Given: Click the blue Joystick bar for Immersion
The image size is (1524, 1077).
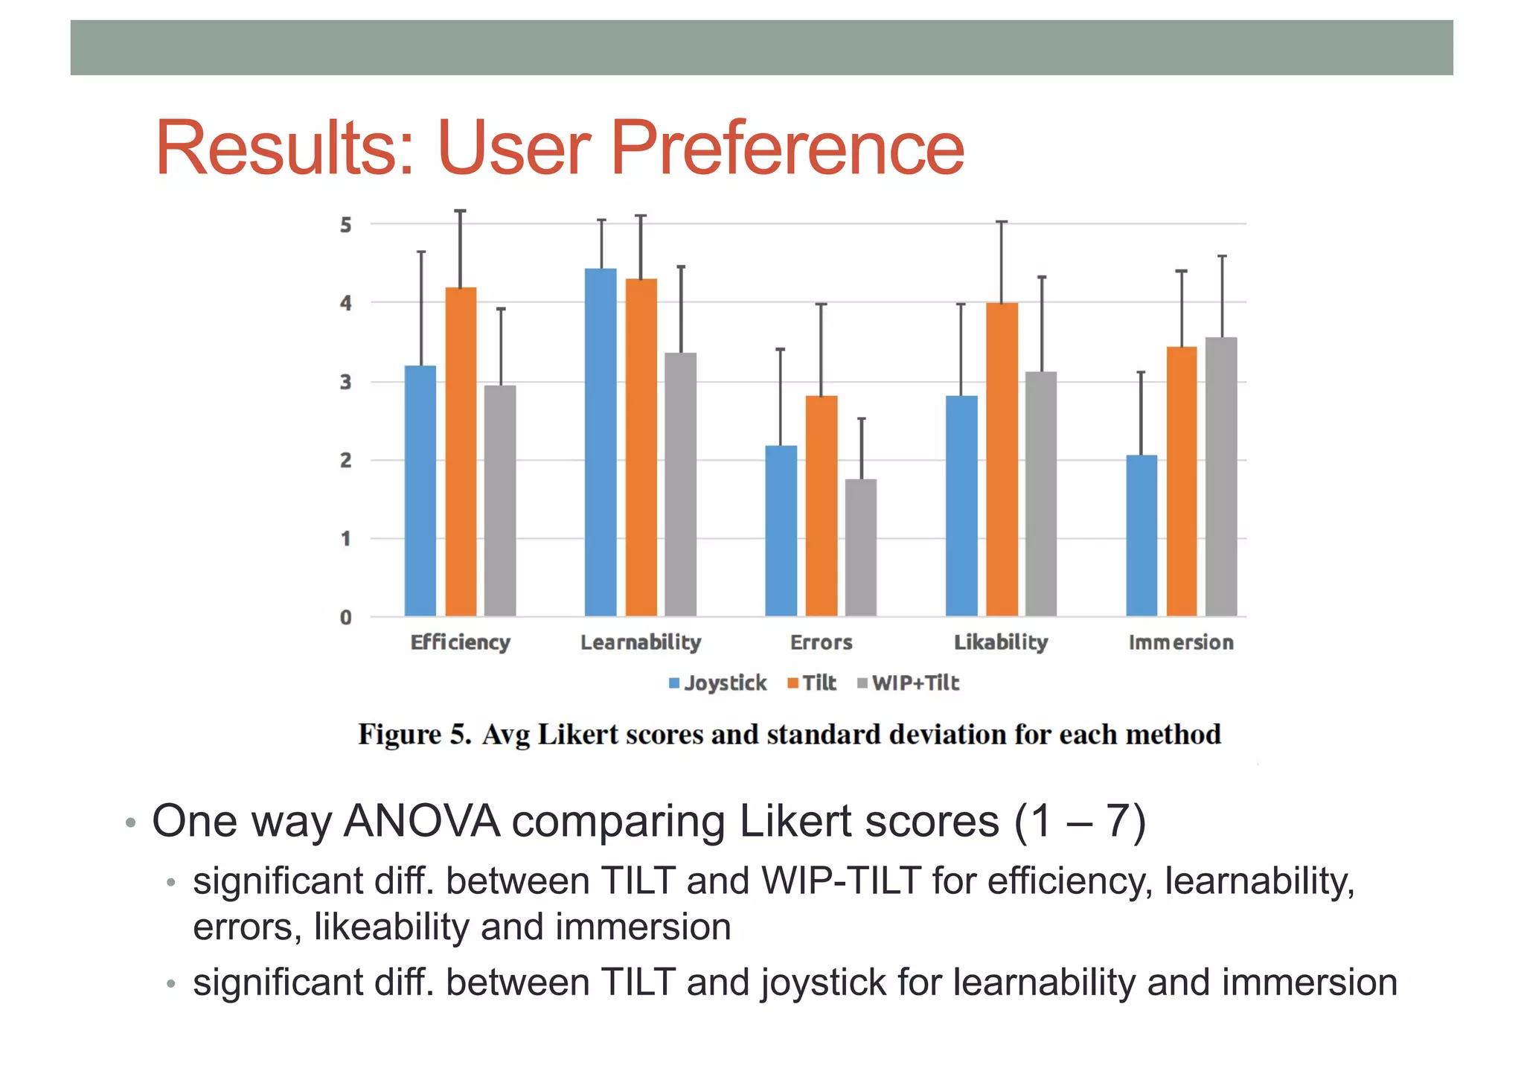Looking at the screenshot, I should [x=1142, y=535].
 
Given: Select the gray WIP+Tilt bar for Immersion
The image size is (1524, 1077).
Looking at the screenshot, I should [x=1221, y=476].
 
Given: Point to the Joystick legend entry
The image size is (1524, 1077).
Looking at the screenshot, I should [x=717, y=683].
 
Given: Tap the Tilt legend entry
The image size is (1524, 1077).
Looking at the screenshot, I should [x=812, y=683].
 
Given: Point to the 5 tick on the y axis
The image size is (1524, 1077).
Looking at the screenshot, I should [x=346, y=225].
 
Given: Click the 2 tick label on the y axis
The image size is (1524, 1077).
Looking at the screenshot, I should [x=346, y=461].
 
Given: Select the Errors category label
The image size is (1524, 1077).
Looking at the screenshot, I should [x=821, y=642].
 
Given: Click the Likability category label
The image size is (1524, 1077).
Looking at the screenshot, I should [x=1001, y=642].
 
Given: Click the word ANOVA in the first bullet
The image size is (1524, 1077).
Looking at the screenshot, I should [x=422, y=822].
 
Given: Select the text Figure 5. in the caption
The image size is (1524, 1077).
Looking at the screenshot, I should [x=414, y=735].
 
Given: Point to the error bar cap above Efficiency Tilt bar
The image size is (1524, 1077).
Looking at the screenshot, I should [x=461, y=211].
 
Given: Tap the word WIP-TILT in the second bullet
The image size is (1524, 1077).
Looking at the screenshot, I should [x=842, y=881].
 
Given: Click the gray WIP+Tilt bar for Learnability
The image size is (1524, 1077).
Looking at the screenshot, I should [x=680, y=484].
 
